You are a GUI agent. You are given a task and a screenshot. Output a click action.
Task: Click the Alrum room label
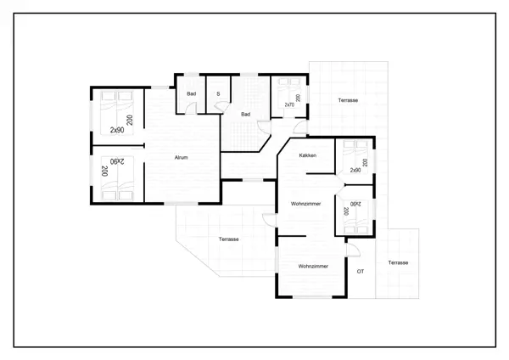click(180, 158)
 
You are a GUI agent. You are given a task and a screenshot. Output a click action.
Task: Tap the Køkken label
click(308, 156)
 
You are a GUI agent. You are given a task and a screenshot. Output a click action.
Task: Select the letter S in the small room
click(218, 93)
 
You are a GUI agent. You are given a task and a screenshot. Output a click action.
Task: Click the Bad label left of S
click(192, 93)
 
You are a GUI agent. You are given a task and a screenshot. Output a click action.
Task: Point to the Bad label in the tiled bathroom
click(245, 114)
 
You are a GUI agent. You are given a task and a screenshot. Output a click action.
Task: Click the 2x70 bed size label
click(289, 104)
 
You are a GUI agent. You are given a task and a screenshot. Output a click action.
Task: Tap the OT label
click(360, 271)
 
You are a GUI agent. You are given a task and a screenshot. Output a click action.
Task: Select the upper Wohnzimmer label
click(304, 204)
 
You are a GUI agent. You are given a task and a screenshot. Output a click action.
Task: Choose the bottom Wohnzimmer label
click(312, 267)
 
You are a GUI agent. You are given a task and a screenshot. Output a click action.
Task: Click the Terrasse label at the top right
click(347, 100)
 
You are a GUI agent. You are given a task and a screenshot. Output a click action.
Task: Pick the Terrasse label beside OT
click(398, 262)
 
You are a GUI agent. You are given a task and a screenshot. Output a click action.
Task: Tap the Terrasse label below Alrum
click(227, 239)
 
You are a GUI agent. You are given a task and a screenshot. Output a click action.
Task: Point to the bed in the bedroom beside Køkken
click(351, 158)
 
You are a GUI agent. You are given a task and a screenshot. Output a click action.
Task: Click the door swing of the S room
click(222, 106)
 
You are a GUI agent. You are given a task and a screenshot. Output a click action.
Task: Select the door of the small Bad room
click(192, 108)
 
